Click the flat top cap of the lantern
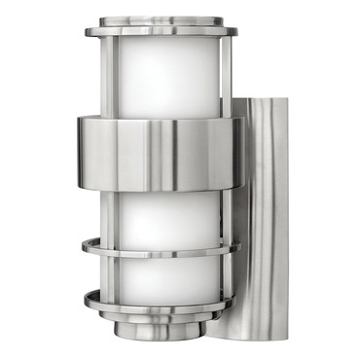160,18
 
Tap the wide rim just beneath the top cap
160,31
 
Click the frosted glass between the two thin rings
160,272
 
